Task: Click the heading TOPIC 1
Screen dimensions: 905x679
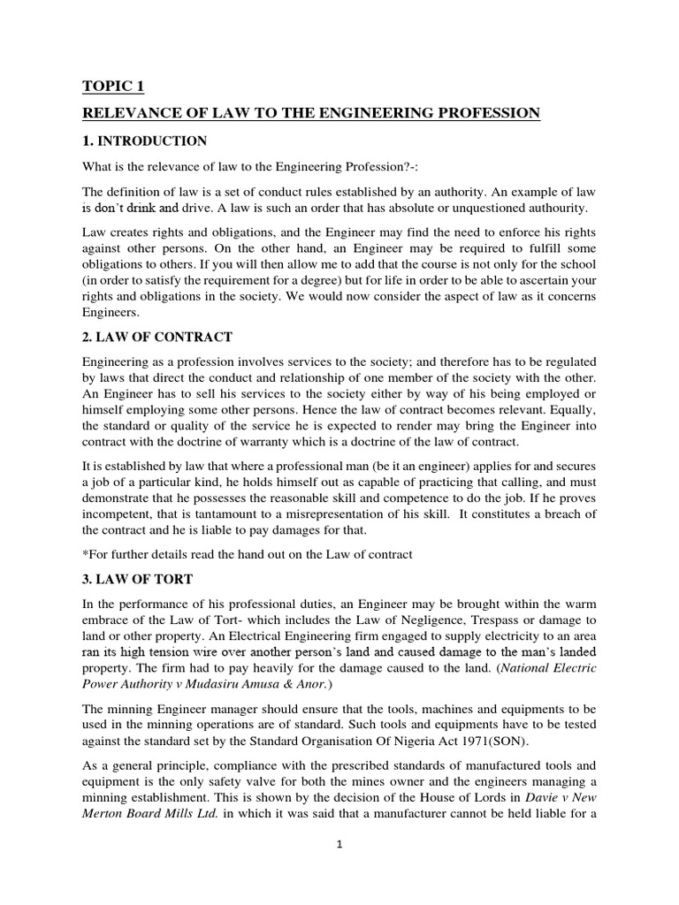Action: [x=112, y=87]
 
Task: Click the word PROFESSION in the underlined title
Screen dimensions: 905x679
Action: [x=484, y=113]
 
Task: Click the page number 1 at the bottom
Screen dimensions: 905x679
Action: [x=339, y=845]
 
